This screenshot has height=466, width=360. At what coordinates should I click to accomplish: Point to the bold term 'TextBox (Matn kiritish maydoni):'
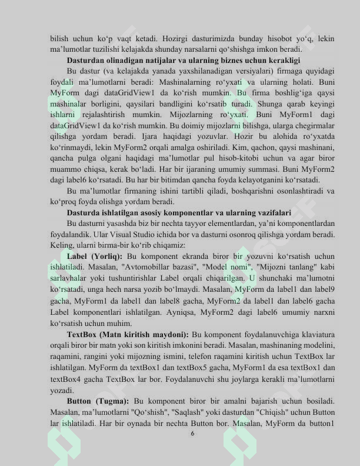(128, 334)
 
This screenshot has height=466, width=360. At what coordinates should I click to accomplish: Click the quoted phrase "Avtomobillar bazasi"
(145, 267)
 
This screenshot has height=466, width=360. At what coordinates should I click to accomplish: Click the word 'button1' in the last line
(321, 422)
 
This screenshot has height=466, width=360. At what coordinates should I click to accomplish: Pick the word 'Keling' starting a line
(62, 245)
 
